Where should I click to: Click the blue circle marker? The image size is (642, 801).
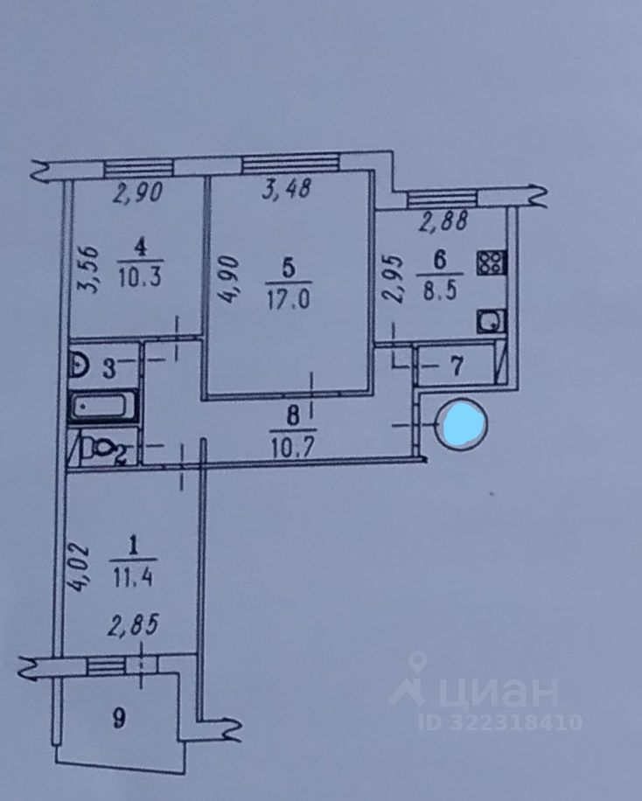click(x=460, y=424)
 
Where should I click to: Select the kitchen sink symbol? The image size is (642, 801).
click(x=487, y=321)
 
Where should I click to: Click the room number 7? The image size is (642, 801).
click(x=455, y=366)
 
